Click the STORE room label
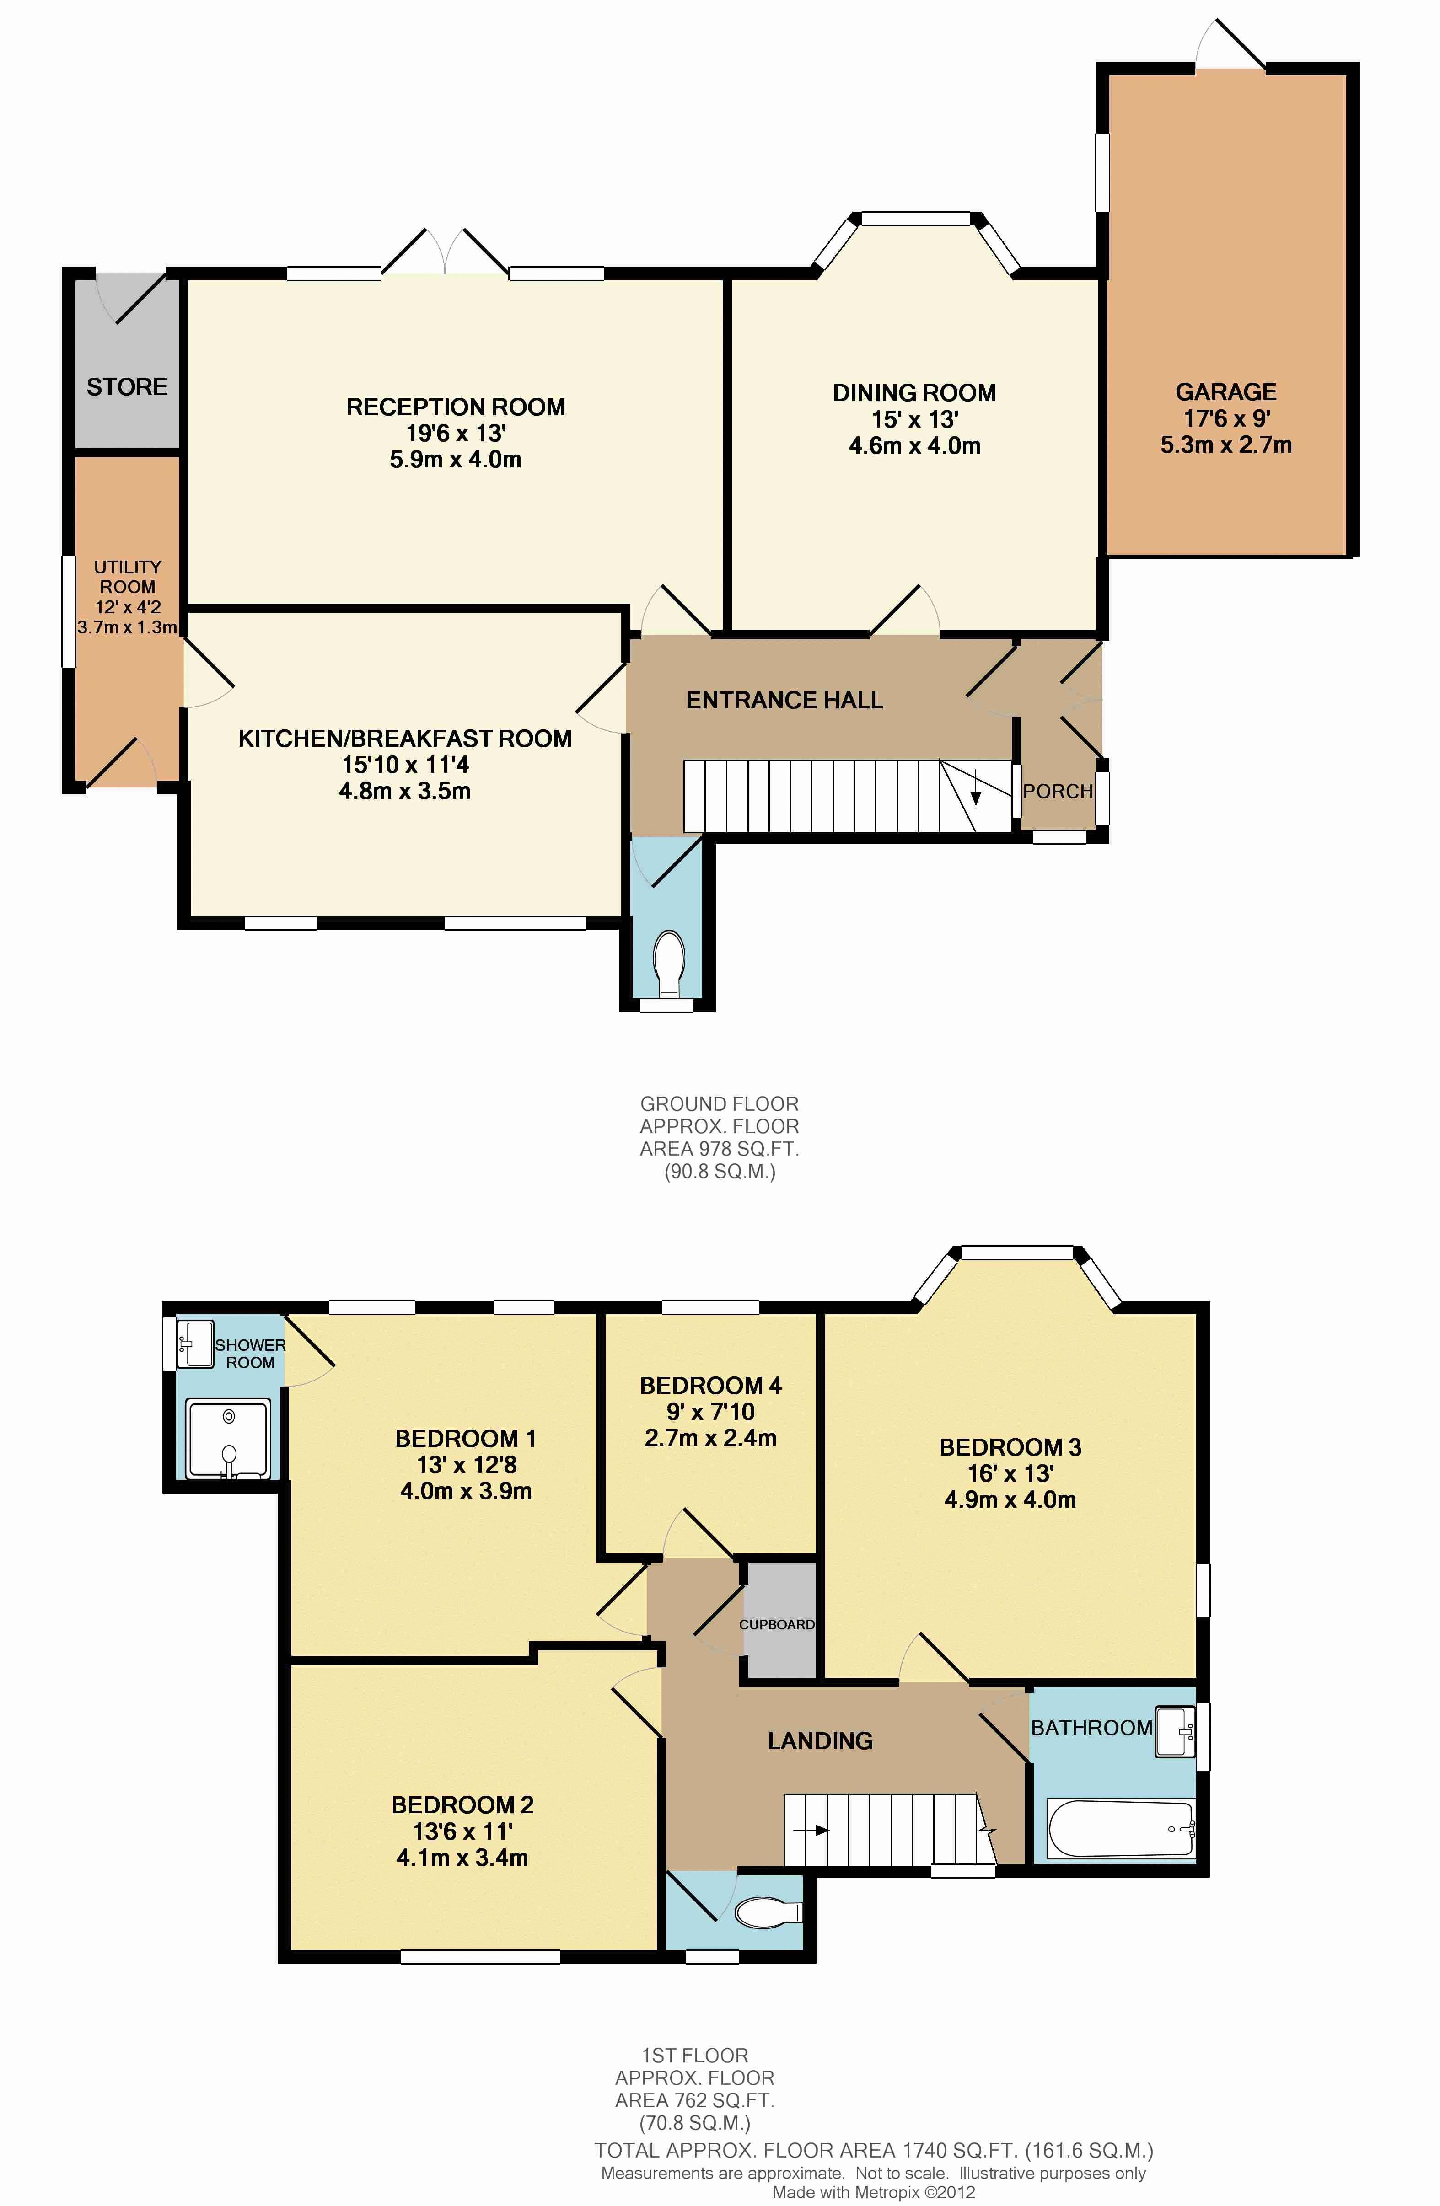(x=127, y=386)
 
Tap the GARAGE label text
(x=1226, y=392)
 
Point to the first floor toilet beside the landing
(x=768, y=1912)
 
